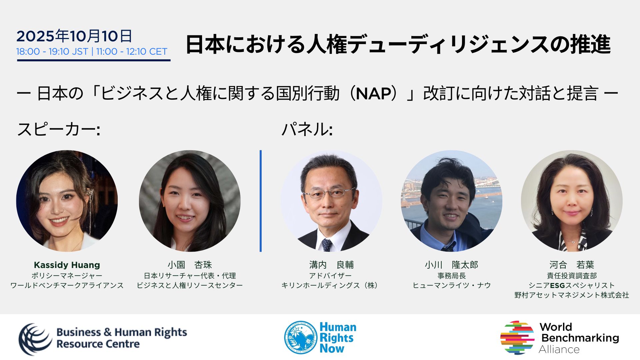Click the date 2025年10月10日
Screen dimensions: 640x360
[x=74, y=36]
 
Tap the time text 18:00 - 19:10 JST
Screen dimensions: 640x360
[x=52, y=52]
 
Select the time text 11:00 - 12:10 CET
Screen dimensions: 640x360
[x=132, y=52]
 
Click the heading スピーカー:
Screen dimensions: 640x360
[x=59, y=129]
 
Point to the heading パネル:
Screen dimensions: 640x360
[x=307, y=129]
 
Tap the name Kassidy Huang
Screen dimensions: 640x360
[x=67, y=265]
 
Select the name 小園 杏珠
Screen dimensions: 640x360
[x=190, y=265]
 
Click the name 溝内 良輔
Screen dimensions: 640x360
[x=331, y=265]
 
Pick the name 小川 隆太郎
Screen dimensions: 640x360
[x=451, y=265]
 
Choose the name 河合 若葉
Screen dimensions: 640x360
[x=572, y=265]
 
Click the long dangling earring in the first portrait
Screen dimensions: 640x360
[x=90, y=210]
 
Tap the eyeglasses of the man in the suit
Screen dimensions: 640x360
[x=329, y=193]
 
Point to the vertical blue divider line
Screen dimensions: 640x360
[x=261, y=201]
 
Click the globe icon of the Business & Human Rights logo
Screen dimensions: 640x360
[x=35, y=339]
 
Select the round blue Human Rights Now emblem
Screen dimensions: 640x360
[x=300, y=337]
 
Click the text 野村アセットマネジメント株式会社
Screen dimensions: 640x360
[x=572, y=295]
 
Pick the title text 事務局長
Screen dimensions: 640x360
[x=452, y=276]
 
